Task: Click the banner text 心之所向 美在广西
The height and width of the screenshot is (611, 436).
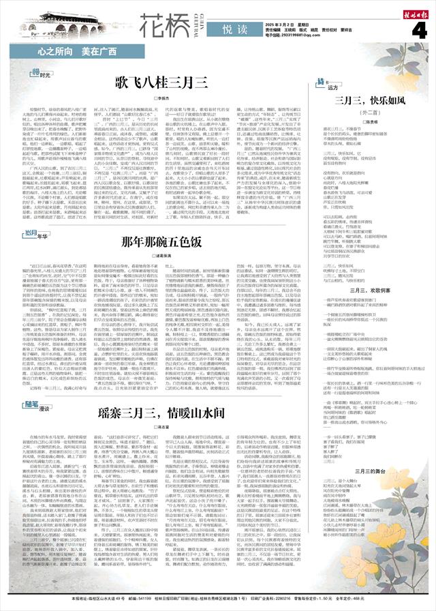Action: (x=72, y=52)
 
